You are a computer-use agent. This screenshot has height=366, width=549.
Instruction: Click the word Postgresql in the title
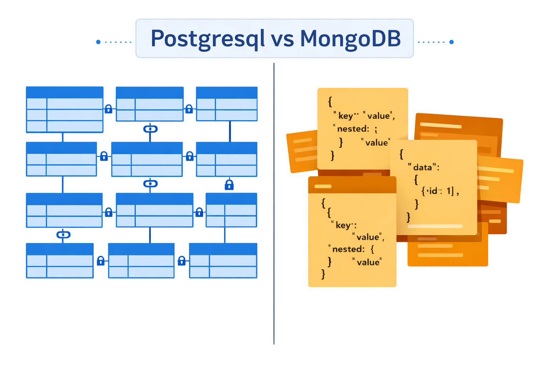[x=207, y=39]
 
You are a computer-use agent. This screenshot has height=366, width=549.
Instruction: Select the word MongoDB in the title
[x=350, y=39]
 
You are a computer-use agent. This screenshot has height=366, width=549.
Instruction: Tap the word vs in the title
[x=282, y=39]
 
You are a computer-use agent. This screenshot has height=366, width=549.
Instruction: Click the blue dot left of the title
[x=98, y=42]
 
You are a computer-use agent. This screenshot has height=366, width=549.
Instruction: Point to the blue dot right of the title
[x=451, y=42]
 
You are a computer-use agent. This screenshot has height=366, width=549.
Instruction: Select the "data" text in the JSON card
[x=422, y=167]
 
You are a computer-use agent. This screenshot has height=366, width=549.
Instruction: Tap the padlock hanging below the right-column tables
[x=229, y=185]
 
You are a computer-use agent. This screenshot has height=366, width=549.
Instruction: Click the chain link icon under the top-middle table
[x=150, y=129]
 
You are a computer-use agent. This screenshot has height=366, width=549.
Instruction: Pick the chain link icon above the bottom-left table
[x=63, y=235]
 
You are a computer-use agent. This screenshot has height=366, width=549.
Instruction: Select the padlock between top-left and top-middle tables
[x=109, y=109]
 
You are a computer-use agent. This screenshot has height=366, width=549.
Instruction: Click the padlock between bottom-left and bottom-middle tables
[x=101, y=261]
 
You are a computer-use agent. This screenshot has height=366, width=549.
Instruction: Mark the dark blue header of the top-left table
[x=65, y=92]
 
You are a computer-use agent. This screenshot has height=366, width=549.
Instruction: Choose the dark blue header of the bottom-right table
[x=223, y=249]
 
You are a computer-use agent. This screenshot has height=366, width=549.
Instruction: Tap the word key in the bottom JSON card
[x=343, y=225]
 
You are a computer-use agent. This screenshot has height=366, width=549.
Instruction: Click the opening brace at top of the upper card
[x=330, y=102]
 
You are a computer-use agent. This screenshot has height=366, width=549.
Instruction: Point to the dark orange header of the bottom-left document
[x=352, y=185]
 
